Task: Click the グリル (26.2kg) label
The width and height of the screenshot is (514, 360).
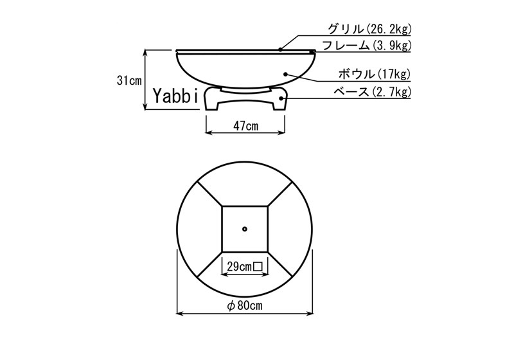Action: pyautogui.click(x=369, y=29)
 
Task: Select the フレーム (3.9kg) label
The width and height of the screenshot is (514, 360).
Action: pyautogui.click(x=366, y=46)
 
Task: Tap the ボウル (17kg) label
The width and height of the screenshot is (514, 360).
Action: pyautogui.click(x=375, y=74)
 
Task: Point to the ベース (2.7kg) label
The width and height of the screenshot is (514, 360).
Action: pyautogui.click(x=372, y=92)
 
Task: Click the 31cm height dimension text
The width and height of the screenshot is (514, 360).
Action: pyautogui.click(x=130, y=80)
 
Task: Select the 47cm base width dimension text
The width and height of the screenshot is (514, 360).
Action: pyautogui.click(x=245, y=126)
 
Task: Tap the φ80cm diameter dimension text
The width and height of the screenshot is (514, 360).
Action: pyautogui.click(x=245, y=305)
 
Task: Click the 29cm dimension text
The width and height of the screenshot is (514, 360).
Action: pyautogui.click(x=239, y=267)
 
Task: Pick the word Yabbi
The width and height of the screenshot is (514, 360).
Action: pyautogui.click(x=175, y=96)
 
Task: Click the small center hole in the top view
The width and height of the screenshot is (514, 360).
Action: pyautogui.click(x=245, y=229)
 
